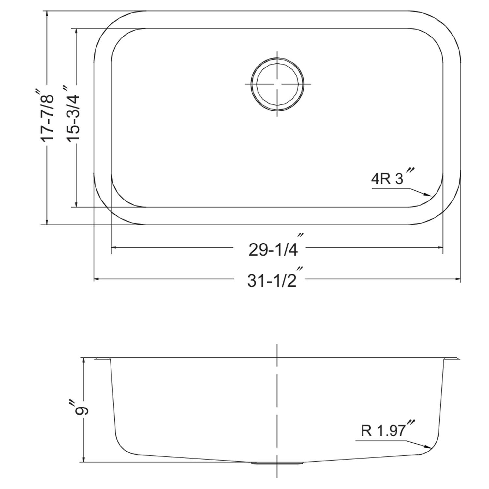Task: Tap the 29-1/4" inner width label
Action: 273,249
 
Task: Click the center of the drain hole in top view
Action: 277,84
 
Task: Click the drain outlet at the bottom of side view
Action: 277,462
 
